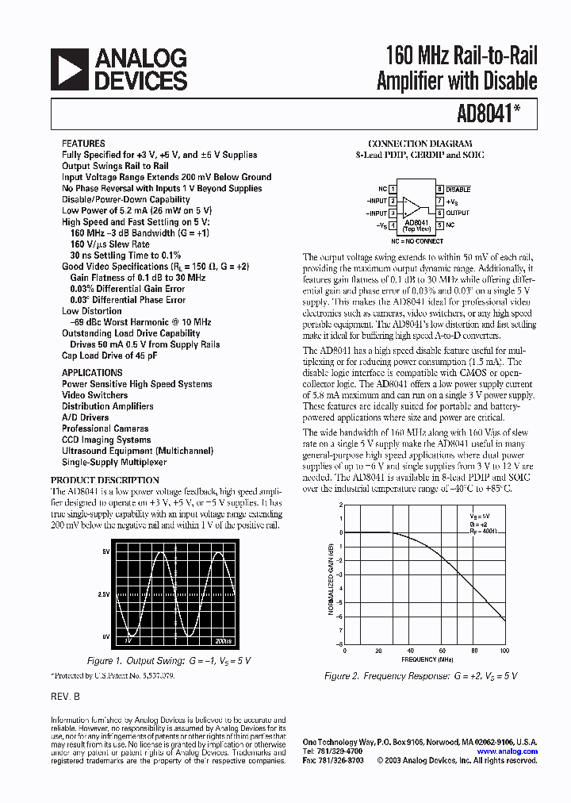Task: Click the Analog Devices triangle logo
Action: click(69, 69)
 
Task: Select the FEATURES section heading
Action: click(83, 144)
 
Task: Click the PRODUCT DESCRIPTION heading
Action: click(105, 480)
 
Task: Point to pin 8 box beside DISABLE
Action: click(439, 189)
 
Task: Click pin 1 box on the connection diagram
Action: click(393, 189)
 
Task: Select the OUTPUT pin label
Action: click(458, 213)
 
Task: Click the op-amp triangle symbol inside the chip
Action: click(412, 207)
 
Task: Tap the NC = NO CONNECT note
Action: click(416, 240)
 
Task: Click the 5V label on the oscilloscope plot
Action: click(105, 551)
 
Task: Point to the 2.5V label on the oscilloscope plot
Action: click(103, 594)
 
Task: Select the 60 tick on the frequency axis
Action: click(440, 651)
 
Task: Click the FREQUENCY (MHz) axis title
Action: click(426, 659)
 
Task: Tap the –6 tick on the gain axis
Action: click(339, 617)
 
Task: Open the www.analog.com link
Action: click(508, 751)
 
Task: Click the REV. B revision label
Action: click(66, 694)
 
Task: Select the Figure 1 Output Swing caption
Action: click(168, 660)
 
